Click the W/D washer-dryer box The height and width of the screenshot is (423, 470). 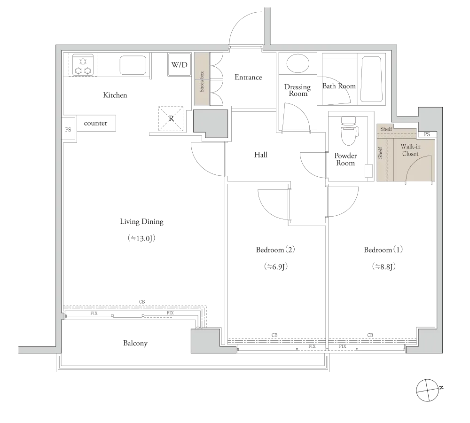coord(179,64)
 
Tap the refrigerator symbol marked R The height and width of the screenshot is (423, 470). coord(171,119)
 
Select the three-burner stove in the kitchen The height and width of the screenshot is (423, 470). coord(83,65)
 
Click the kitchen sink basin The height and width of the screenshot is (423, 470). coord(133,65)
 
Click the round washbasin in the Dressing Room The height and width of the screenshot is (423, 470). coord(298,63)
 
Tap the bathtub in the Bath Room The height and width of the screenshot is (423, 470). coord(372,79)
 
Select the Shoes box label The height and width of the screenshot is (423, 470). coord(202,81)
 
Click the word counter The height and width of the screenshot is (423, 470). coord(95,123)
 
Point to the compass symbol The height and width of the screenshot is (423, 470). coord(427,390)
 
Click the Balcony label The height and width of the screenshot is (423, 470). coord(135,343)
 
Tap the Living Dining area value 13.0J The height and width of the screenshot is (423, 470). coord(141,238)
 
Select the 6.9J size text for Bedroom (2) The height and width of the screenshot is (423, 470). coord(276,266)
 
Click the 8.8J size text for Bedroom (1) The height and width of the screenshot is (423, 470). coord(384,266)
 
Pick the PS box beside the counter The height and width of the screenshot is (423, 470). coord(68,130)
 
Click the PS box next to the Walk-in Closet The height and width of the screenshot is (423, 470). coord(427,134)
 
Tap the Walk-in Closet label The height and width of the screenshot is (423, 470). coord(410,150)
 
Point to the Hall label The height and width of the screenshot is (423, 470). coord(260,155)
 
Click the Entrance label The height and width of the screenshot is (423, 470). coord(248,78)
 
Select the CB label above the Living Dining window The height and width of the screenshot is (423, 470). coord(142,302)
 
